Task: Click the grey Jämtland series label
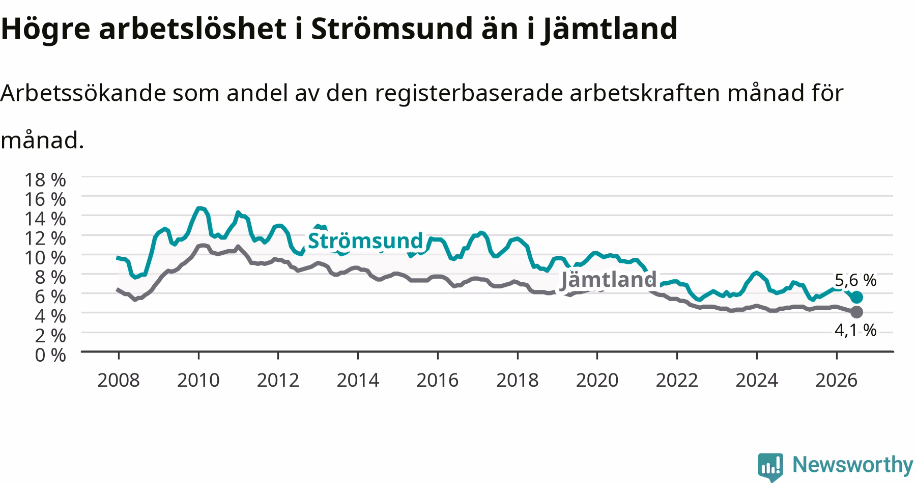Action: point(609,279)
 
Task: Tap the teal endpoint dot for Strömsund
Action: point(857,298)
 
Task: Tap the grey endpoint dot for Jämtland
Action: point(857,312)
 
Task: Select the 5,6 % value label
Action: point(855,280)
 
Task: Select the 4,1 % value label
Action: point(855,331)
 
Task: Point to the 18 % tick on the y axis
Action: point(45,180)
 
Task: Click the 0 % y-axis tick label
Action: point(50,355)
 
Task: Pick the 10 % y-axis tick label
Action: point(45,258)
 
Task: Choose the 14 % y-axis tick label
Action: point(45,219)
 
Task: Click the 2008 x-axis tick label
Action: point(118,380)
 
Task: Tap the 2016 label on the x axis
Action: point(438,380)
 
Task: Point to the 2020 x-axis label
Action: point(597,380)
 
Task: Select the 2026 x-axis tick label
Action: point(837,380)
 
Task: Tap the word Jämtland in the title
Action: point(609,29)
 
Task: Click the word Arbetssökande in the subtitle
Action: point(83,93)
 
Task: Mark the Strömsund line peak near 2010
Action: point(199,208)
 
